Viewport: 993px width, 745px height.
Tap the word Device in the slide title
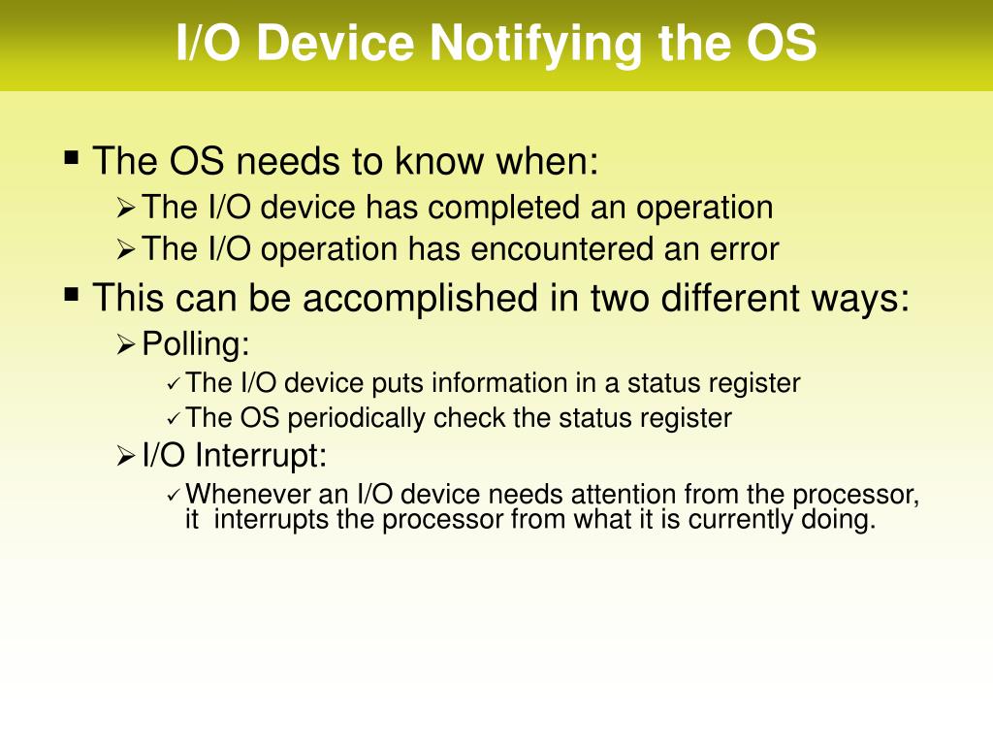pos(335,43)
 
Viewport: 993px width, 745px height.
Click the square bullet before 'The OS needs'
pos(72,156)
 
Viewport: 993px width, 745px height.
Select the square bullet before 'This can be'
pos(72,294)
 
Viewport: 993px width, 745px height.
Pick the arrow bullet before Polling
pos(126,345)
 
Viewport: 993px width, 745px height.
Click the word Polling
pos(195,344)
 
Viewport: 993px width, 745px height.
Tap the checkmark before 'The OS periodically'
pos(174,419)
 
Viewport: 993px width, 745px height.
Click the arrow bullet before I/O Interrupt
pos(126,456)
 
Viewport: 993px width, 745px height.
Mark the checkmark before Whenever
pos(174,496)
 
